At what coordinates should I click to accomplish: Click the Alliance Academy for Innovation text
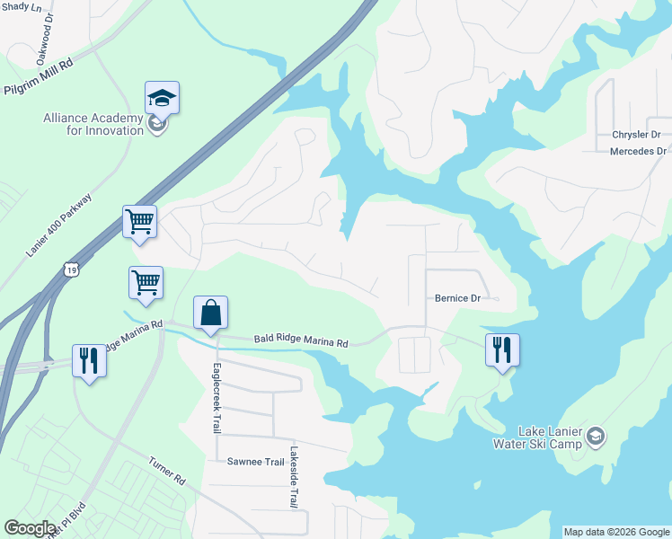click(93, 124)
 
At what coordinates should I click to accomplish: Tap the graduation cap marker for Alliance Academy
click(162, 97)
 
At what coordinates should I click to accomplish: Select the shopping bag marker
click(210, 313)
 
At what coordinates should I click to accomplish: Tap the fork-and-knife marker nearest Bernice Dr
click(502, 349)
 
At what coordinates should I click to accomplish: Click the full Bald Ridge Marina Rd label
click(300, 342)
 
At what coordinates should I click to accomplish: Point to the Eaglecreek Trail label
click(217, 398)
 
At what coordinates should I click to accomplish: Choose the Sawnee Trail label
click(256, 461)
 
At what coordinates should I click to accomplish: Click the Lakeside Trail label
click(293, 478)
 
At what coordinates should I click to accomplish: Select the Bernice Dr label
click(459, 297)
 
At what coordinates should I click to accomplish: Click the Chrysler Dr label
click(636, 135)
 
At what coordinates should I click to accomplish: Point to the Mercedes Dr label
click(638, 151)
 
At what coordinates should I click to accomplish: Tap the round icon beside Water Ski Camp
click(595, 437)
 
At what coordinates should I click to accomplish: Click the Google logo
click(30, 528)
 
